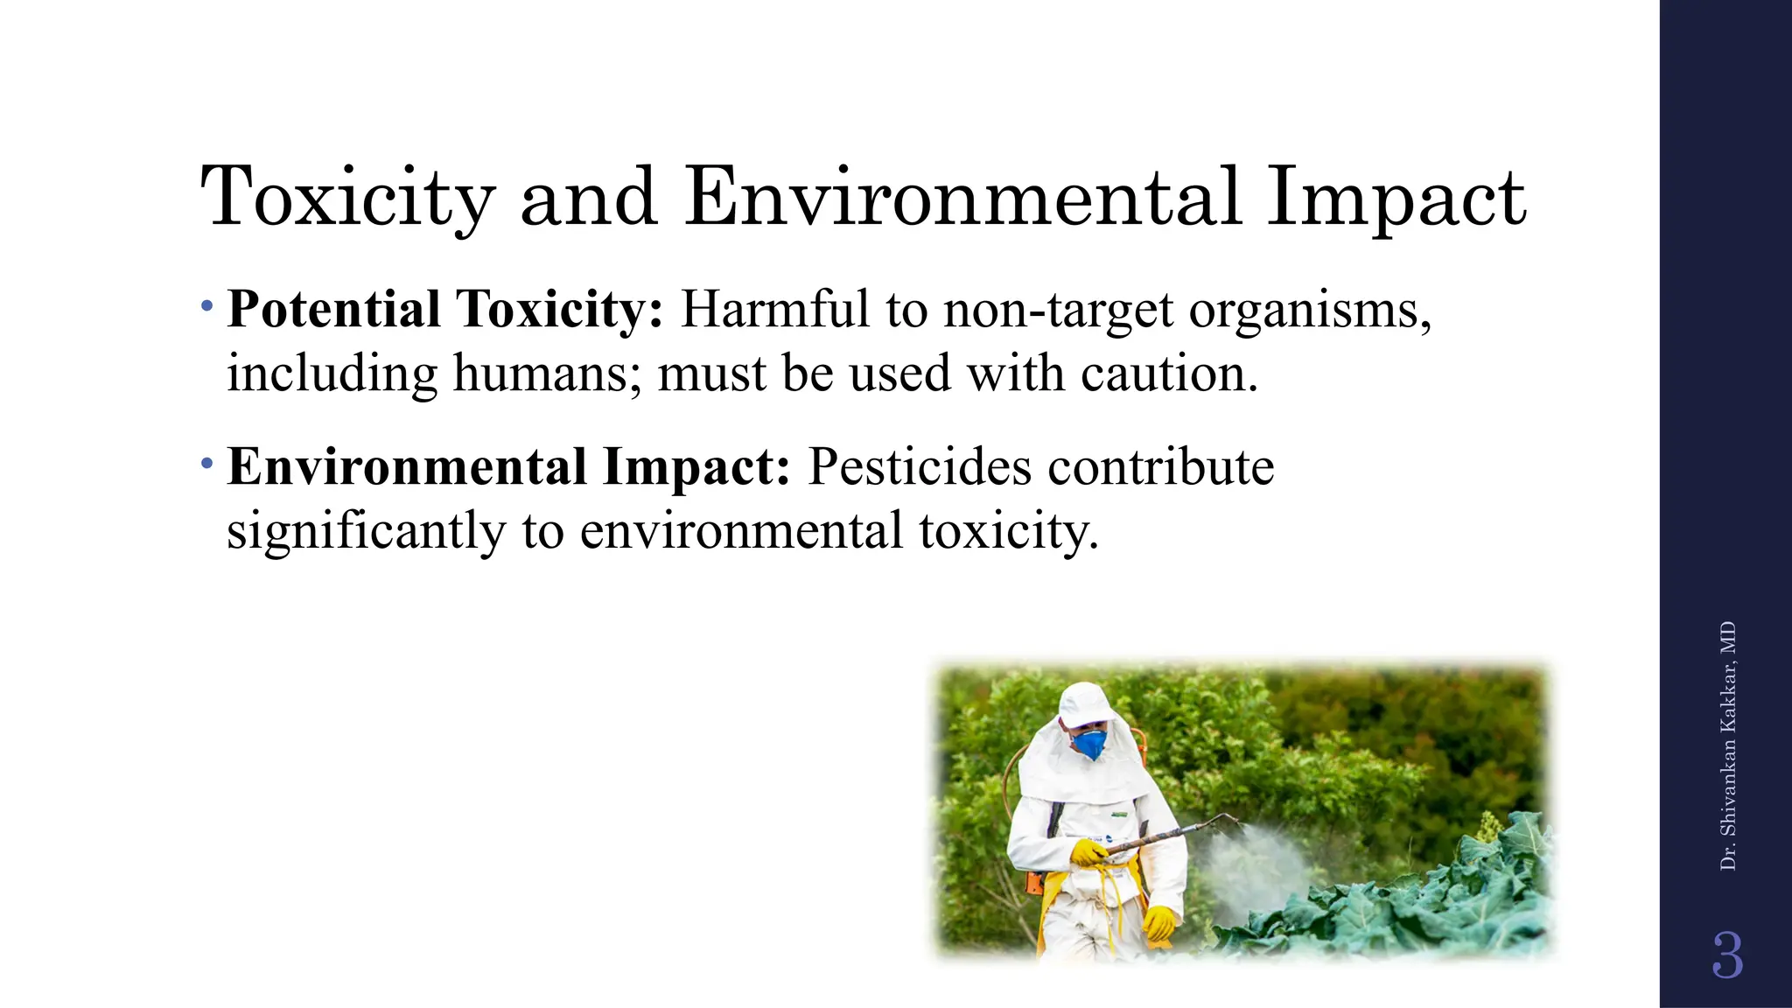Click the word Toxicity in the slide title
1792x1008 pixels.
click(348, 198)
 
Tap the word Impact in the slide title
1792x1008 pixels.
click(1396, 198)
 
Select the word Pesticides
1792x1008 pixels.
click(919, 467)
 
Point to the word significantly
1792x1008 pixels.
click(366, 532)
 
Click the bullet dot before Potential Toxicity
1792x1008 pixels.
click(206, 307)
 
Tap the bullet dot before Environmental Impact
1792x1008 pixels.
click(206, 463)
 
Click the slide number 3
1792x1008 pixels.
click(1727, 955)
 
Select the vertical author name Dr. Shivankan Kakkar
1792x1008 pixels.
click(1727, 746)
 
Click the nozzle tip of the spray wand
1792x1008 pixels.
click(1235, 818)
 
